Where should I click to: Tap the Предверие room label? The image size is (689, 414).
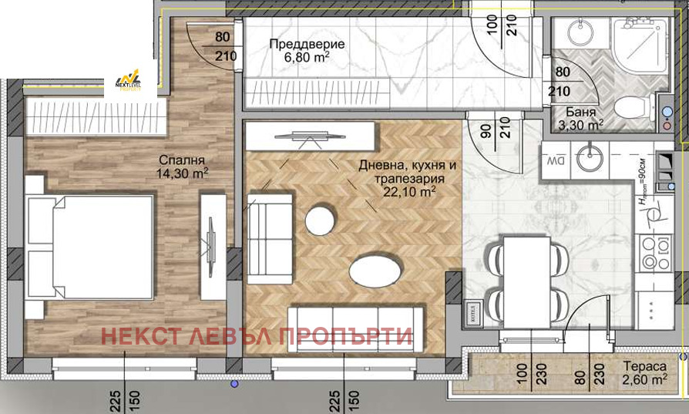(x=307, y=44)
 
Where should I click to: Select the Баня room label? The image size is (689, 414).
(x=580, y=111)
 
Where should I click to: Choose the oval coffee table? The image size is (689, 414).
(x=375, y=271)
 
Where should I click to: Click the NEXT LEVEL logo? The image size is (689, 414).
(x=129, y=80)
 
